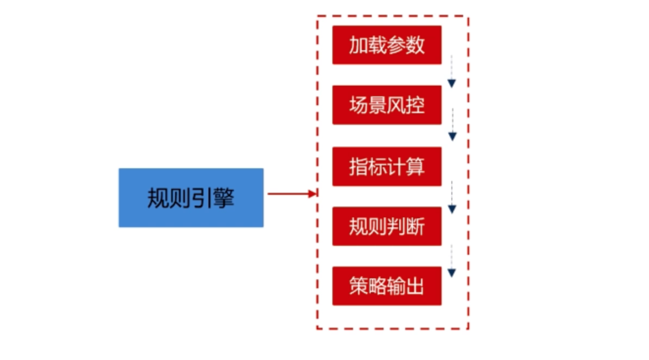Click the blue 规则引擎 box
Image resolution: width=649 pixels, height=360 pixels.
tap(191, 197)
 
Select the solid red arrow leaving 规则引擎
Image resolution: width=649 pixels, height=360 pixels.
tap(291, 194)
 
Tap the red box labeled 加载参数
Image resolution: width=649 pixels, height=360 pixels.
tap(386, 45)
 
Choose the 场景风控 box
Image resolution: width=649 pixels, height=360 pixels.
tap(386, 105)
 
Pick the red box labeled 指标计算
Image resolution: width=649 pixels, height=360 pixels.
tap(386, 167)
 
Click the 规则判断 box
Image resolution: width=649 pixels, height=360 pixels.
tap(386, 226)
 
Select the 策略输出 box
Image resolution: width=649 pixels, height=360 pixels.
tap(386, 286)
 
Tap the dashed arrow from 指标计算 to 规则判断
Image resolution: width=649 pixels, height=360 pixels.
tap(452, 197)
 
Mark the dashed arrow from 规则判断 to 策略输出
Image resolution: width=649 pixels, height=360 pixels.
tap(451, 261)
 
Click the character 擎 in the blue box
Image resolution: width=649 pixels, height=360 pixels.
tap(224, 198)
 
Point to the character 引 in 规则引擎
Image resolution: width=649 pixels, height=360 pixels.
tap(202, 198)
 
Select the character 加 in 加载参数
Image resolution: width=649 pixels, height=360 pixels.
tap(358, 46)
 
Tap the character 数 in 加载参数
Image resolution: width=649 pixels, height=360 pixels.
tap(415, 46)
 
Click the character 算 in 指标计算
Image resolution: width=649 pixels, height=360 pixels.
tap(415, 167)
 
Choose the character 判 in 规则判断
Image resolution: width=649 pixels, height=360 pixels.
tap(396, 227)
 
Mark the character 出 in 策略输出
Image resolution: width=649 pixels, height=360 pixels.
tap(415, 286)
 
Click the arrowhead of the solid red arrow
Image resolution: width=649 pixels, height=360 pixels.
tap(312, 194)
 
